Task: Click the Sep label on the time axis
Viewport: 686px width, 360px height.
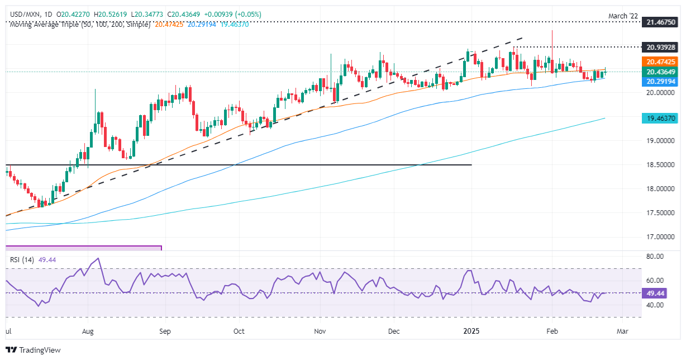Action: pos(165,331)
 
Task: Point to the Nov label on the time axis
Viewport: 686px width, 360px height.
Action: pos(320,331)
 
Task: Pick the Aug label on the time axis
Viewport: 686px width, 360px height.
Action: pos(88,331)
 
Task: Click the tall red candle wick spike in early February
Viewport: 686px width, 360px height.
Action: pos(552,39)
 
